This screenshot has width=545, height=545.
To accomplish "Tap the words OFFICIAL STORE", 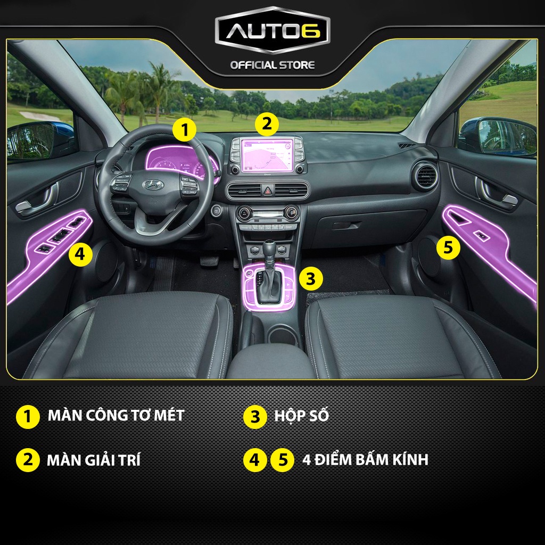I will click(x=272, y=65).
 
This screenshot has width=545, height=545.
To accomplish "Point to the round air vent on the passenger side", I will click(x=426, y=176).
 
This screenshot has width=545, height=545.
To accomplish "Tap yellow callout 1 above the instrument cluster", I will click(x=184, y=129).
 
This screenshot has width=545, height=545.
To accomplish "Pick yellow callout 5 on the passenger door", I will click(x=448, y=248).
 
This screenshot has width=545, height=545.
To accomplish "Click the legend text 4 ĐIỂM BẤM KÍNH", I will click(x=365, y=459).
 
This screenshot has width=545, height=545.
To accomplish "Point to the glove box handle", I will click(x=346, y=226).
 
